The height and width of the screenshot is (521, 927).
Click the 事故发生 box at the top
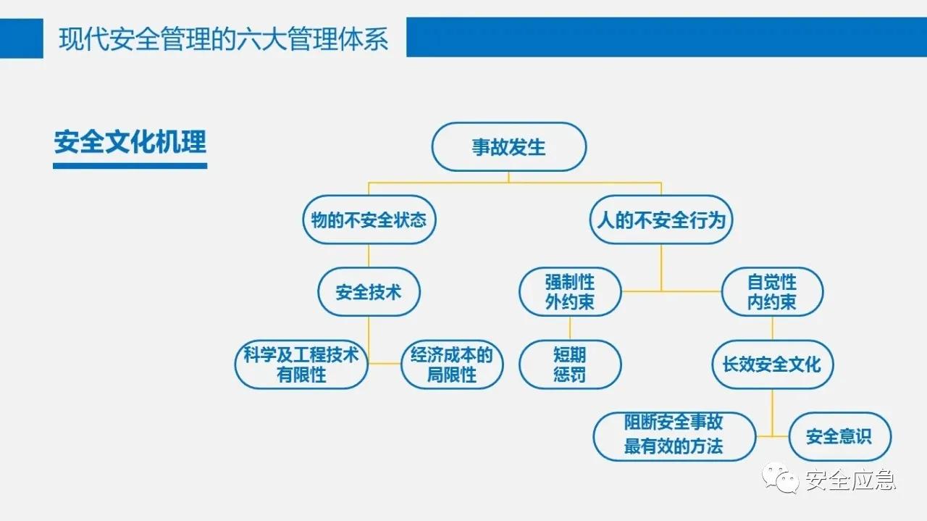(508, 147)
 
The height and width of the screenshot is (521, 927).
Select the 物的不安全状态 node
(369, 220)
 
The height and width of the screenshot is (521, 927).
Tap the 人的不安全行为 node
(660, 220)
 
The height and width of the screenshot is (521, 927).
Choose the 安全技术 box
(369, 292)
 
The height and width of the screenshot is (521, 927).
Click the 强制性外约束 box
(570, 292)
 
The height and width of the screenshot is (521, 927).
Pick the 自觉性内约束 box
(772, 292)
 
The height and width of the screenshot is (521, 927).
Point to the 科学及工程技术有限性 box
(301, 364)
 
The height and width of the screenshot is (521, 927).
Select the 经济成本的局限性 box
(452, 364)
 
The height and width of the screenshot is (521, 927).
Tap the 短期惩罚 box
(570, 364)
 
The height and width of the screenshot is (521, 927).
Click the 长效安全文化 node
(772, 364)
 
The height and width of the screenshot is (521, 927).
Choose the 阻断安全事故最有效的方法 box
(674, 436)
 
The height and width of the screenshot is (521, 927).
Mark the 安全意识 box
(839, 436)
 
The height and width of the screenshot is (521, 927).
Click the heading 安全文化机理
(130, 142)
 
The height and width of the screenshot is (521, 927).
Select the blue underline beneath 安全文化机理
(130, 166)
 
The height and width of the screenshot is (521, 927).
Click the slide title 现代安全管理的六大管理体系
(224, 38)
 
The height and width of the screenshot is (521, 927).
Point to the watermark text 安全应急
(850, 480)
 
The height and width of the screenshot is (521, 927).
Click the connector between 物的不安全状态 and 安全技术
(369, 256)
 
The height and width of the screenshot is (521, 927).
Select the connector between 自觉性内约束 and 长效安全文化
(772, 328)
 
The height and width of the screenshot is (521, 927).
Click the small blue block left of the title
(21, 38)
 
